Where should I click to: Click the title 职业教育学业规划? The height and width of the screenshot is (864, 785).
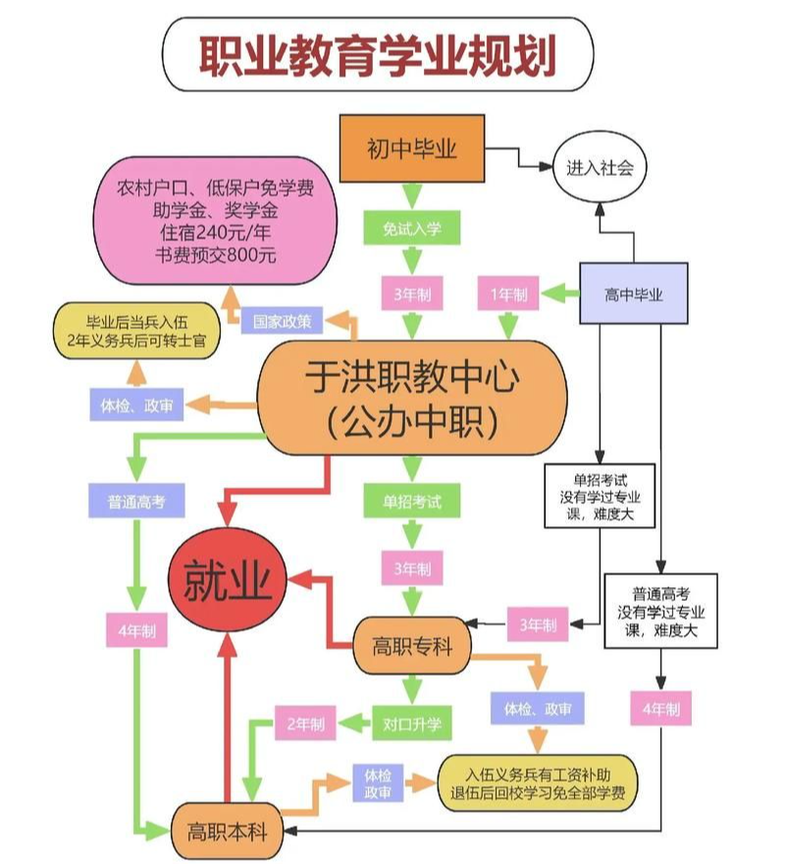coord(378,57)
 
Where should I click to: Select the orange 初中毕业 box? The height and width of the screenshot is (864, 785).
coord(412,149)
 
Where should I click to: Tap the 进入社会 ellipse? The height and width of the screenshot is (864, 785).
coord(600,168)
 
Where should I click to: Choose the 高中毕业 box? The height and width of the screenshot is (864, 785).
coord(634,294)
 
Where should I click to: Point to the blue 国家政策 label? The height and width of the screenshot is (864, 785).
coord(283,321)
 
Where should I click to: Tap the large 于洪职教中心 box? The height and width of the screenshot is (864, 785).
coord(412,399)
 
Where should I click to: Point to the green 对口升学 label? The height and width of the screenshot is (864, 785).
coord(412,726)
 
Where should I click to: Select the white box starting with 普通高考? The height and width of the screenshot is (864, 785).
coord(660,610)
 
